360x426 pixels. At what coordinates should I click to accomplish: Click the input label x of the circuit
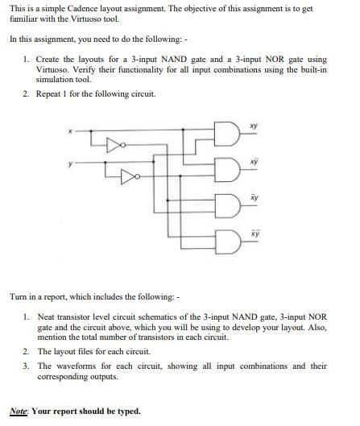[x=69, y=130]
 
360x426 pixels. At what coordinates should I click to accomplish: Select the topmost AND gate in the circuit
[x=227, y=134]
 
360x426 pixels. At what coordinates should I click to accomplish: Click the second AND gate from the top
[x=227, y=168]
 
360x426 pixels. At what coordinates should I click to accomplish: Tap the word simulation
[x=56, y=80]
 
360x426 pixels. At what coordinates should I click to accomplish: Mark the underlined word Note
[x=19, y=411]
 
